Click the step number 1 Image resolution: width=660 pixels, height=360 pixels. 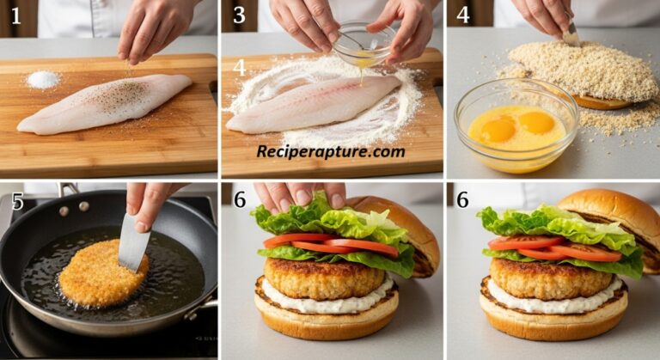15,15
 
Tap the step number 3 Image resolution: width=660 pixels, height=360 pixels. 240,15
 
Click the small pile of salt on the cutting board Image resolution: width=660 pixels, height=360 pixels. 42,80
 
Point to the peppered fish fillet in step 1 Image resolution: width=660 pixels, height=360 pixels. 105,103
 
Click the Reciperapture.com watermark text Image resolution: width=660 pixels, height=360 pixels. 331,151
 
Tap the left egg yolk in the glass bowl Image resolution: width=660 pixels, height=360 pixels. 498,130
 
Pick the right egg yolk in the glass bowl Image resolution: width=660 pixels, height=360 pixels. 537,123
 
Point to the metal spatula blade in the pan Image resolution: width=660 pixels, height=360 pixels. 133,242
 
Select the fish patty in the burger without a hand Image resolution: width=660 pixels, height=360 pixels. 550,278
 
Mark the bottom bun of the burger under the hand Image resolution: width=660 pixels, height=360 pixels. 327,322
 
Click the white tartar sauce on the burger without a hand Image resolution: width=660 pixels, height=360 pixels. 550,302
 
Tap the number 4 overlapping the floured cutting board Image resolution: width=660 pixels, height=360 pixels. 239,67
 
